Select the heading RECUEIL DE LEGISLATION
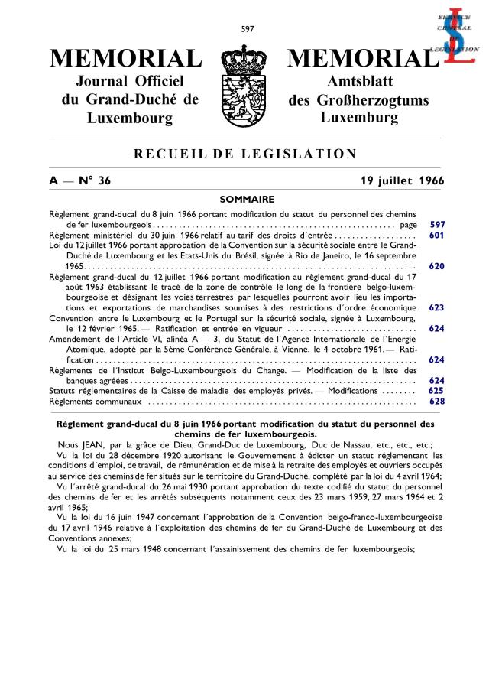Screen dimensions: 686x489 pyautogui.click(x=245, y=154)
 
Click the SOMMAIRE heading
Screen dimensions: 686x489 pyautogui.click(x=245, y=199)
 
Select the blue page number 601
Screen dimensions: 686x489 pyautogui.click(x=437, y=236)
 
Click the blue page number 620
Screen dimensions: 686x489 pyautogui.click(x=437, y=266)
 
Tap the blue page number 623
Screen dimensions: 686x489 pyautogui.click(x=437, y=307)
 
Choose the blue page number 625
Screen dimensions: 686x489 pyautogui.click(x=437, y=390)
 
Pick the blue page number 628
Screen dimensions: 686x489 pyautogui.click(x=437, y=401)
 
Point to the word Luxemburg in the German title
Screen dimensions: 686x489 pyautogui.click(x=359, y=118)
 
